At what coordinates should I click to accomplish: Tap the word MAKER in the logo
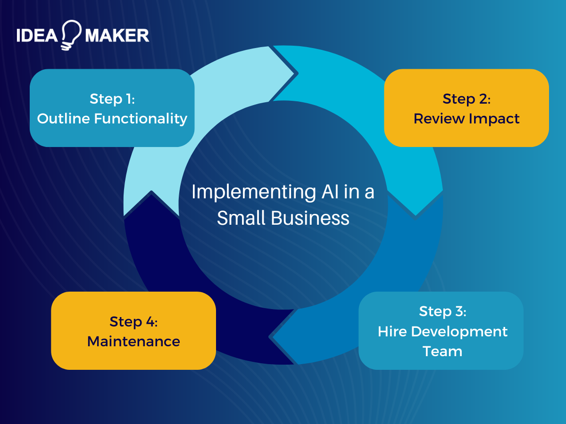[x=117, y=35]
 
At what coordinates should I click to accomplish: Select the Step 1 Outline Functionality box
[x=112, y=108]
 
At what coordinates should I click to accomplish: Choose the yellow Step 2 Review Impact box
[x=466, y=108]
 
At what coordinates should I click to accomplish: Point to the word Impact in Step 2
[x=494, y=118]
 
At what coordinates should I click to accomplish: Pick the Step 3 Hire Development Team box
[x=441, y=330]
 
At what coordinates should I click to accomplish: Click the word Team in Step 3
[x=442, y=351]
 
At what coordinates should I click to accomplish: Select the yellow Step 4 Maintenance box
[x=133, y=330]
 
